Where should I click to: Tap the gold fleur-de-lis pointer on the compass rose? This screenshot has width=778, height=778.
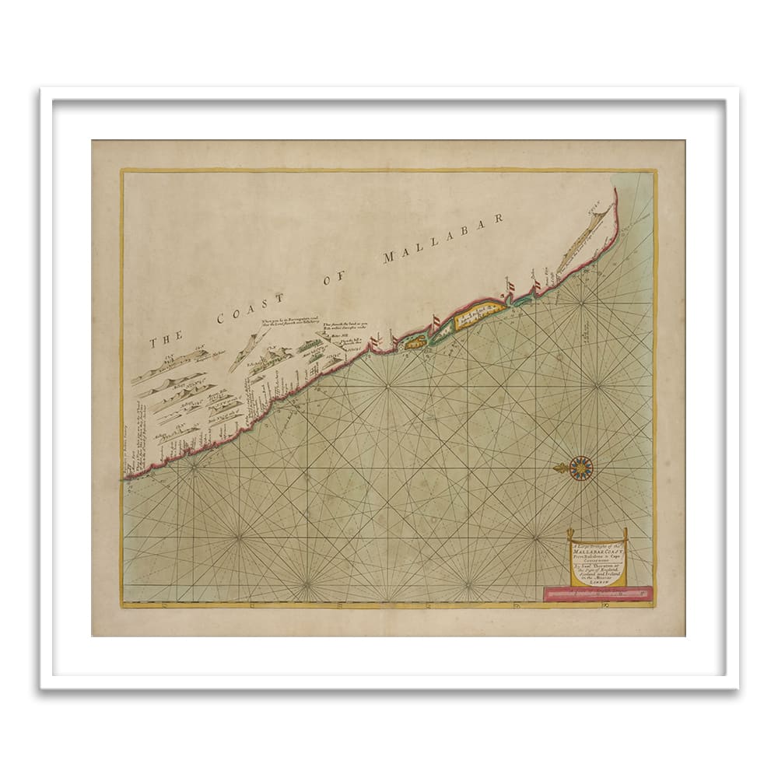560,468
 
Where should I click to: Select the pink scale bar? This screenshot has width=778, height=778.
597,594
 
